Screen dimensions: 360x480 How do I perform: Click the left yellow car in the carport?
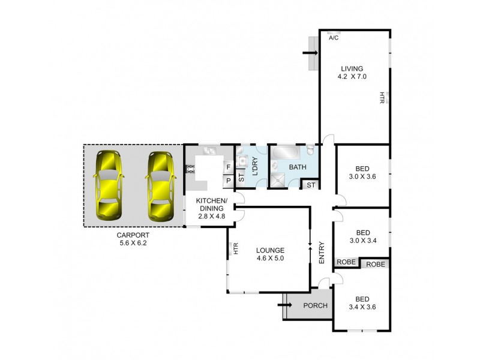108,185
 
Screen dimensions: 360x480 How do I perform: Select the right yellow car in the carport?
160,185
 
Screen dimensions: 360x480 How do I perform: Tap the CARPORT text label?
133,236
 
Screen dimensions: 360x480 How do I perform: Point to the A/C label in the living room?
334,38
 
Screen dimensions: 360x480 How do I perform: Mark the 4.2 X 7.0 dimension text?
352,77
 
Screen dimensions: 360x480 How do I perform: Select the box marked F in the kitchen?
228,167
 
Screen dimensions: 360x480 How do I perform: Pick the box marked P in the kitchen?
228,179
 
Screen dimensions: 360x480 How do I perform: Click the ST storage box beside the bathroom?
310,185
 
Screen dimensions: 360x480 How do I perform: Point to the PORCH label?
315,305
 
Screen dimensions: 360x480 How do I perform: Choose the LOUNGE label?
269,250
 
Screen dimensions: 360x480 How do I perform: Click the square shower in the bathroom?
279,179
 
